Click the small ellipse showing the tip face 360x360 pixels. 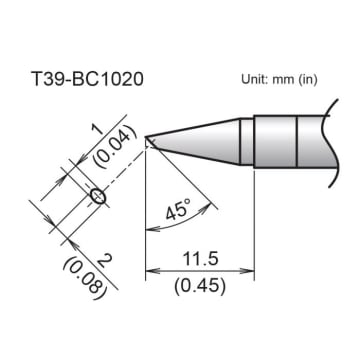click(x=97, y=196)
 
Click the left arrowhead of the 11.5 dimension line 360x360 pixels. click(x=151, y=269)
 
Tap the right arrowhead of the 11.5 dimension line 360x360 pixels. click(x=250, y=269)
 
